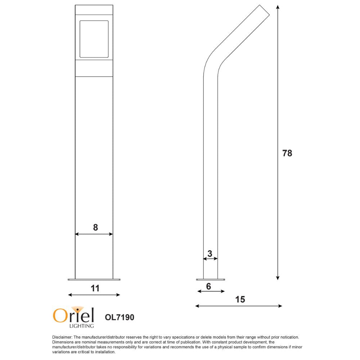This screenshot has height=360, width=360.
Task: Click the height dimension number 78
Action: [287, 153]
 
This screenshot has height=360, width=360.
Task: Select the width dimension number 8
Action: [95, 227]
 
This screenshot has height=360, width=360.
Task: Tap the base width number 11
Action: [95, 288]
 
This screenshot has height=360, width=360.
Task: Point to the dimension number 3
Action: [210, 253]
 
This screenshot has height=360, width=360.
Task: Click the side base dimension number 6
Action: [208, 286]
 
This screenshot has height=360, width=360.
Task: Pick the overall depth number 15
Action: [240, 300]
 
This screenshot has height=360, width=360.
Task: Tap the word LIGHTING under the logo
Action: [81, 326]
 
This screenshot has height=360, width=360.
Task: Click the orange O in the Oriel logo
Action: [59, 315]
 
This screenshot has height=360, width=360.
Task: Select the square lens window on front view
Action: [94, 39]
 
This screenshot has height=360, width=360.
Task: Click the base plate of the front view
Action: [94, 279]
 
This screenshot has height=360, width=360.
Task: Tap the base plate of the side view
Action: [211, 279]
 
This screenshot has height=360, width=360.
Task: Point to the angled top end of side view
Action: [264, 10]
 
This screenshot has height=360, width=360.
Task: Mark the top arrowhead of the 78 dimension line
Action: [278, 7]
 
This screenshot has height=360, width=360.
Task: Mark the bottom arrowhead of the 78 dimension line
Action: [278, 278]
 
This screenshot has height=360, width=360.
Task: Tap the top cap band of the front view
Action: [94, 10]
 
